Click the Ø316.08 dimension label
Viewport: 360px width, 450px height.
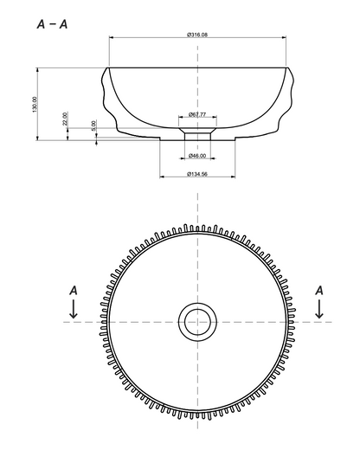197,35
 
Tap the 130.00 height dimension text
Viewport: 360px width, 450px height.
35,105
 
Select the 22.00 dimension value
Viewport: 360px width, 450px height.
65,119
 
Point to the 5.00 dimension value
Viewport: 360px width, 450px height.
93,125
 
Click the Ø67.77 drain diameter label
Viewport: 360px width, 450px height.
197,114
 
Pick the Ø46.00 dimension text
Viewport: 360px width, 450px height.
197,156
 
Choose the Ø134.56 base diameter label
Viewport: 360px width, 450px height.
197,174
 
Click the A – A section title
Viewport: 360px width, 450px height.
52,24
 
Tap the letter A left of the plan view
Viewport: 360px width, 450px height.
74,291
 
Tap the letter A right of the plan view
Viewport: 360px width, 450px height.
319,291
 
